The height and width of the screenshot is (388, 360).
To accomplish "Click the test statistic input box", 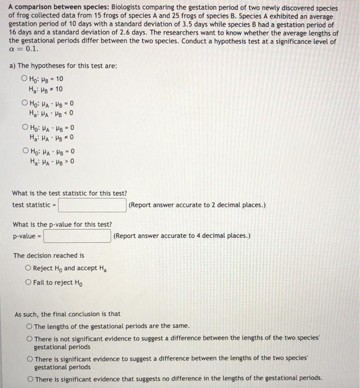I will [x=92, y=205].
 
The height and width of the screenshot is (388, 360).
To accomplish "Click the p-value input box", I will [x=78, y=236].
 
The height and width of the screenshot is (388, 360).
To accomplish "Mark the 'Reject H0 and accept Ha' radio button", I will [x=28, y=268].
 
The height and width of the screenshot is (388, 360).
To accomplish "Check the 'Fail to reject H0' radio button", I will [x=28, y=283].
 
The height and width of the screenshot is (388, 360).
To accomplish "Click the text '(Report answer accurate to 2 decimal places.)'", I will [x=197, y=205].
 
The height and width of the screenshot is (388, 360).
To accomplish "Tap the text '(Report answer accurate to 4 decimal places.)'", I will [x=181, y=236].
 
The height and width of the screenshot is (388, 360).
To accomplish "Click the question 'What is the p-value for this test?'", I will [x=62, y=224].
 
